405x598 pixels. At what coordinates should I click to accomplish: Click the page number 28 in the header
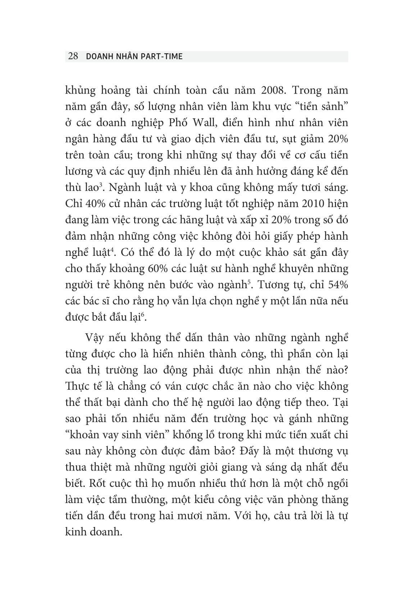click(73, 56)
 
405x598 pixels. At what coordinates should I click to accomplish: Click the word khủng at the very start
click(79, 90)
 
